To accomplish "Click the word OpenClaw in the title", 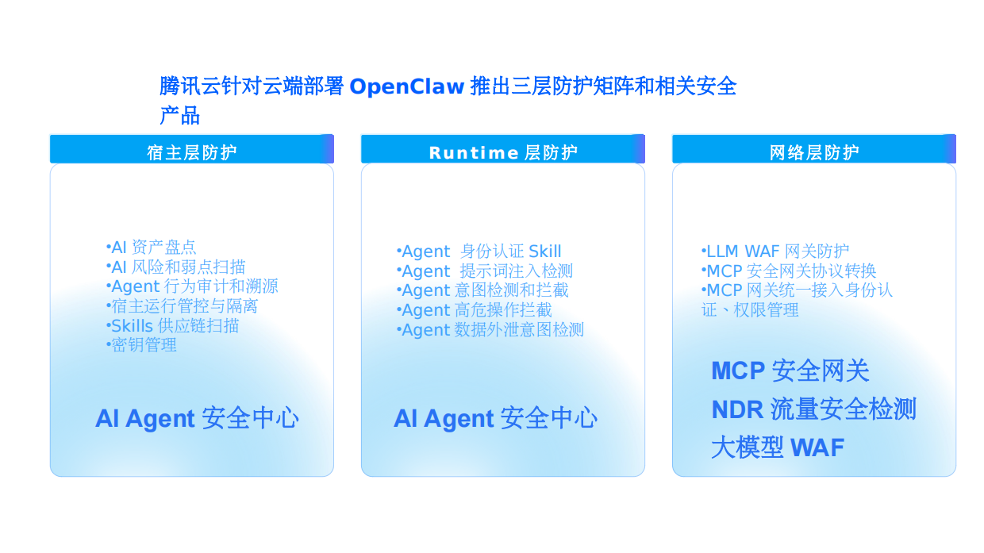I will click(406, 86).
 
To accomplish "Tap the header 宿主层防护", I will click(191, 152).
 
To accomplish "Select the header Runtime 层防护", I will click(502, 152).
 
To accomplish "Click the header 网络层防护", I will click(813, 152).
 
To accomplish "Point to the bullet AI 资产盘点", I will click(151, 248).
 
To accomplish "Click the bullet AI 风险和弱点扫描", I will click(175, 267).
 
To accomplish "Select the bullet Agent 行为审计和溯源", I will click(192, 286).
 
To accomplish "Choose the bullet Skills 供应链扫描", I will click(172, 326).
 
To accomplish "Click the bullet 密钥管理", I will click(141, 345).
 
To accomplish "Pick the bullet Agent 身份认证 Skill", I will click(479, 252).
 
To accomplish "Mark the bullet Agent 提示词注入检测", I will click(485, 272).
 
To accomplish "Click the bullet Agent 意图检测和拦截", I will click(482, 291).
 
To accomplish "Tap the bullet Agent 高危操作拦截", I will click(475, 310).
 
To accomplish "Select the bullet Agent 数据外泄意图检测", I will click(490, 330).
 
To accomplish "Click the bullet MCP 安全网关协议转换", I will click(789, 271).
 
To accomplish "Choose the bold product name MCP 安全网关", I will click(790, 371).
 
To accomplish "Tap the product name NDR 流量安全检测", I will click(813, 409).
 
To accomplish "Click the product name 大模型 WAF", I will click(777, 447).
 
